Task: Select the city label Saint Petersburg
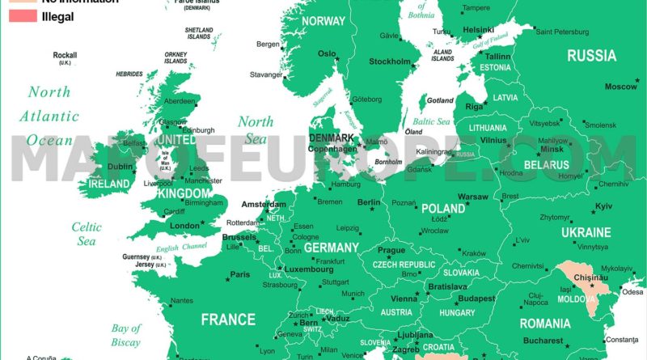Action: pyautogui.click(x=566, y=32)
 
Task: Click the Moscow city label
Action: pyautogui.click(x=621, y=87)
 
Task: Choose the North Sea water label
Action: pyautogui.click(x=256, y=130)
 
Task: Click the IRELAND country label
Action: pyautogui.click(x=108, y=184)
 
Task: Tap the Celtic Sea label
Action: pyautogui.click(x=86, y=234)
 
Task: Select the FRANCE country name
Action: pyautogui.click(x=228, y=320)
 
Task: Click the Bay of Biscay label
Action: pyautogui.click(x=126, y=335)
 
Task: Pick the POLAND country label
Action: pyautogui.click(x=442, y=208)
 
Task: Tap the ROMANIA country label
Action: pyautogui.click(x=545, y=324)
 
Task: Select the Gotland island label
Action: pyautogui.click(x=440, y=101)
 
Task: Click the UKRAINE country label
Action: pyautogui.click(x=586, y=232)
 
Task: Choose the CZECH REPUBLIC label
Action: pyautogui.click(x=404, y=265)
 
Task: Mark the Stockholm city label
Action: pyautogui.click(x=390, y=61)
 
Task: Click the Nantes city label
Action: pyautogui.click(x=182, y=301)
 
